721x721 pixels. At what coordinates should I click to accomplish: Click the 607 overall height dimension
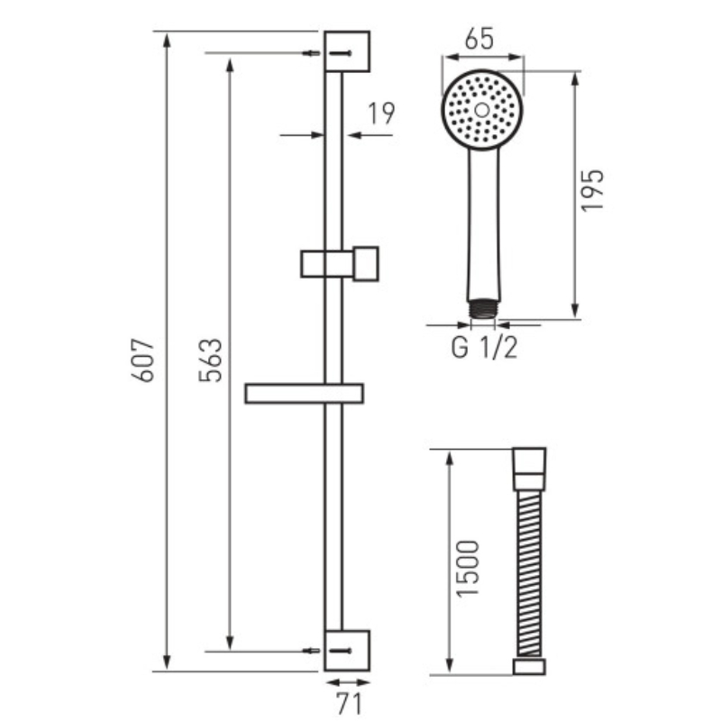click(142, 360)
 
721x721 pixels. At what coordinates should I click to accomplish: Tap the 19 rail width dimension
click(381, 114)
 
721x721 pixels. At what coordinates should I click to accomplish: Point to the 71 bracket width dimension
click(350, 703)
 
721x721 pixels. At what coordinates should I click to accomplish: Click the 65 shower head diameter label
click(479, 39)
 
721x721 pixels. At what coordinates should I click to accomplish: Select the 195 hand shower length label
click(592, 190)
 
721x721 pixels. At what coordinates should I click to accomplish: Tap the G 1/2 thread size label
click(484, 348)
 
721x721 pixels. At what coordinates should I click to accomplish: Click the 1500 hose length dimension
click(468, 569)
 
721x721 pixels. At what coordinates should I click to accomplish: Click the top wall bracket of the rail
click(347, 51)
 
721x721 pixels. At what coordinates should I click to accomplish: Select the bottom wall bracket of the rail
click(347, 650)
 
